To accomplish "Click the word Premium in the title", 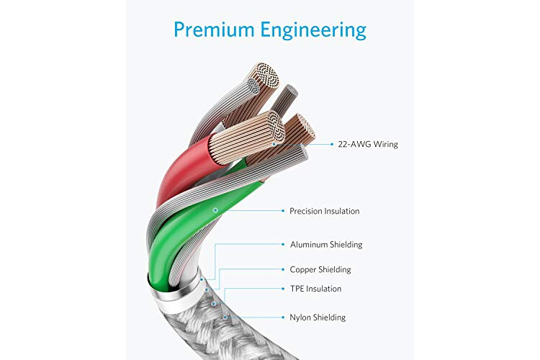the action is click(214, 30).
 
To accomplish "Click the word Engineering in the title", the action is click(313, 31).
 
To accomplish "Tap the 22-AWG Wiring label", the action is click(368, 144).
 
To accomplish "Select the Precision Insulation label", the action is click(325, 211).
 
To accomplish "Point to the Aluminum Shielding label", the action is click(326, 245).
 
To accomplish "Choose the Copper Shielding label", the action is click(320, 269).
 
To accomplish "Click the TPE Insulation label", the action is click(316, 289).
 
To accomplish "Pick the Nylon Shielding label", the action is click(318, 318).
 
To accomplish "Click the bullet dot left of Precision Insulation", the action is click(283, 211).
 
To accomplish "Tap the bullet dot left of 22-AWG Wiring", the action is click(332, 144).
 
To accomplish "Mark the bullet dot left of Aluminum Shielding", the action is click(283, 245).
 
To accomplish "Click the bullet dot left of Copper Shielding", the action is click(283, 269).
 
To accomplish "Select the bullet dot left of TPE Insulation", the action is click(283, 289).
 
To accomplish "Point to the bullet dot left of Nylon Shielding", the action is click(283, 318).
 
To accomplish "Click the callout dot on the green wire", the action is click(215, 210).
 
